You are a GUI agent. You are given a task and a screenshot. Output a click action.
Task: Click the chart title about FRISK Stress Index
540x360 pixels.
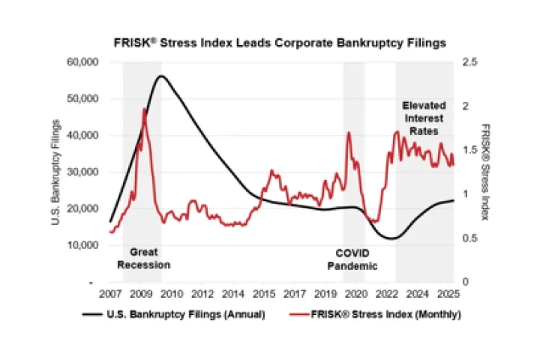pos(279,43)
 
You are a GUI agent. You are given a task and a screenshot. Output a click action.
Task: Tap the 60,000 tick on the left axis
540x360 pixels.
pos(82,62)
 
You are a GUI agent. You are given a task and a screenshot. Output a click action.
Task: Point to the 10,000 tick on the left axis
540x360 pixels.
pos(82,245)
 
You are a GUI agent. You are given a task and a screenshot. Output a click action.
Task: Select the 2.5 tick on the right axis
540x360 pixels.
pos(469,62)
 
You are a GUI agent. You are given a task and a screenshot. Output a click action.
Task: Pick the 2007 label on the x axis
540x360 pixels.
pos(110,292)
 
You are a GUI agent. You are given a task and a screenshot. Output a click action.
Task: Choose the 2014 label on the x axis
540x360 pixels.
pos(235,292)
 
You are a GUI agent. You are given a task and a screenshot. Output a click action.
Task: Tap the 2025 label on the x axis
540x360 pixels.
pos(447,292)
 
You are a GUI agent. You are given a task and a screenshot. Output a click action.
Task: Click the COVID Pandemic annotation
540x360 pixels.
pos(353,259)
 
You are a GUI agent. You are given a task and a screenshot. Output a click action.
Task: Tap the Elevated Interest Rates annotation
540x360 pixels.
pos(423,118)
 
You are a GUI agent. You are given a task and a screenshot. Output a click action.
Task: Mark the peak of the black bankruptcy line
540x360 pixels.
pos(160,76)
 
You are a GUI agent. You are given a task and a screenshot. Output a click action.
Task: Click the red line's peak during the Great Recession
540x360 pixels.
pos(144,109)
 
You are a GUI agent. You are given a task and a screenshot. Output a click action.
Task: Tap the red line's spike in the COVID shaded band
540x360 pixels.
pos(349,133)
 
